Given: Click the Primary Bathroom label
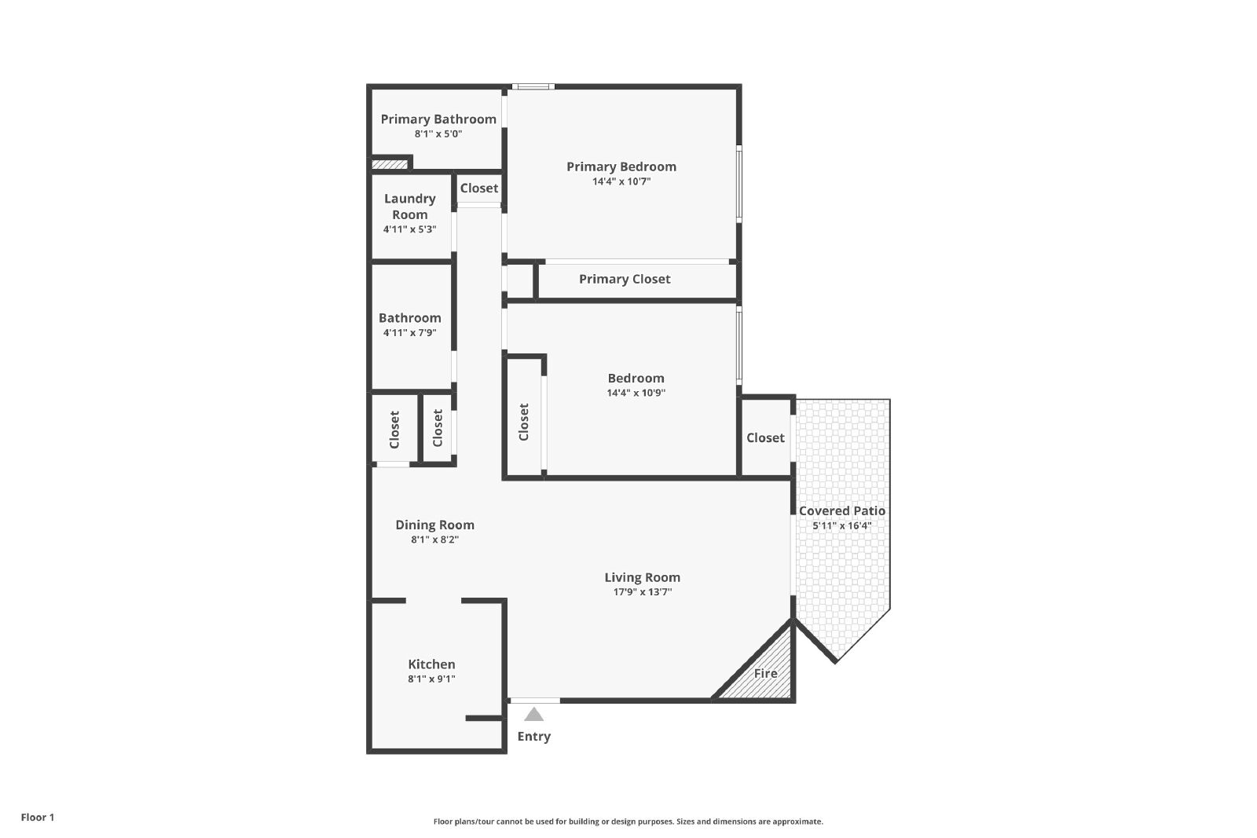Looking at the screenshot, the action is click(438, 119).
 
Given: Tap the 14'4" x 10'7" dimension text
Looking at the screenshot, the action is click(621, 181).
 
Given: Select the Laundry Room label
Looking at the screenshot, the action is click(409, 207).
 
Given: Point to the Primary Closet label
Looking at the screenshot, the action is click(625, 279).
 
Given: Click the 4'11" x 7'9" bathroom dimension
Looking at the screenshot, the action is click(409, 333).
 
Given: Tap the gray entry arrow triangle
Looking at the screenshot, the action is click(533, 713).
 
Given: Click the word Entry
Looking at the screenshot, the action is click(533, 736).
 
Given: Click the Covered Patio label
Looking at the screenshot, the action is click(841, 511).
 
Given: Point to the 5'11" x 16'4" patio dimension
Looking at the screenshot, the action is click(841, 525).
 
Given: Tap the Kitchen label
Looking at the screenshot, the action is click(431, 664).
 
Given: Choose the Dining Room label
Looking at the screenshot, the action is click(435, 525).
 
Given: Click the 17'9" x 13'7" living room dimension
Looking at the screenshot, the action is click(643, 591).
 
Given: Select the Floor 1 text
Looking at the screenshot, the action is click(38, 818).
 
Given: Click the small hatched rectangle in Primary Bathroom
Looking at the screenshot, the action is click(390, 164).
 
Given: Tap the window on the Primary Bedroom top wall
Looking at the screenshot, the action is click(533, 86).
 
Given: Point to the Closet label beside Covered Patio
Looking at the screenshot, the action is click(765, 437).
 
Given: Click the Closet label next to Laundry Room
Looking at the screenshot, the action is click(479, 188).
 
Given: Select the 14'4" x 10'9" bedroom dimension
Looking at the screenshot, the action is click(636, 393).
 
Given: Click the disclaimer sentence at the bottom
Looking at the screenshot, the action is click(628, 822).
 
